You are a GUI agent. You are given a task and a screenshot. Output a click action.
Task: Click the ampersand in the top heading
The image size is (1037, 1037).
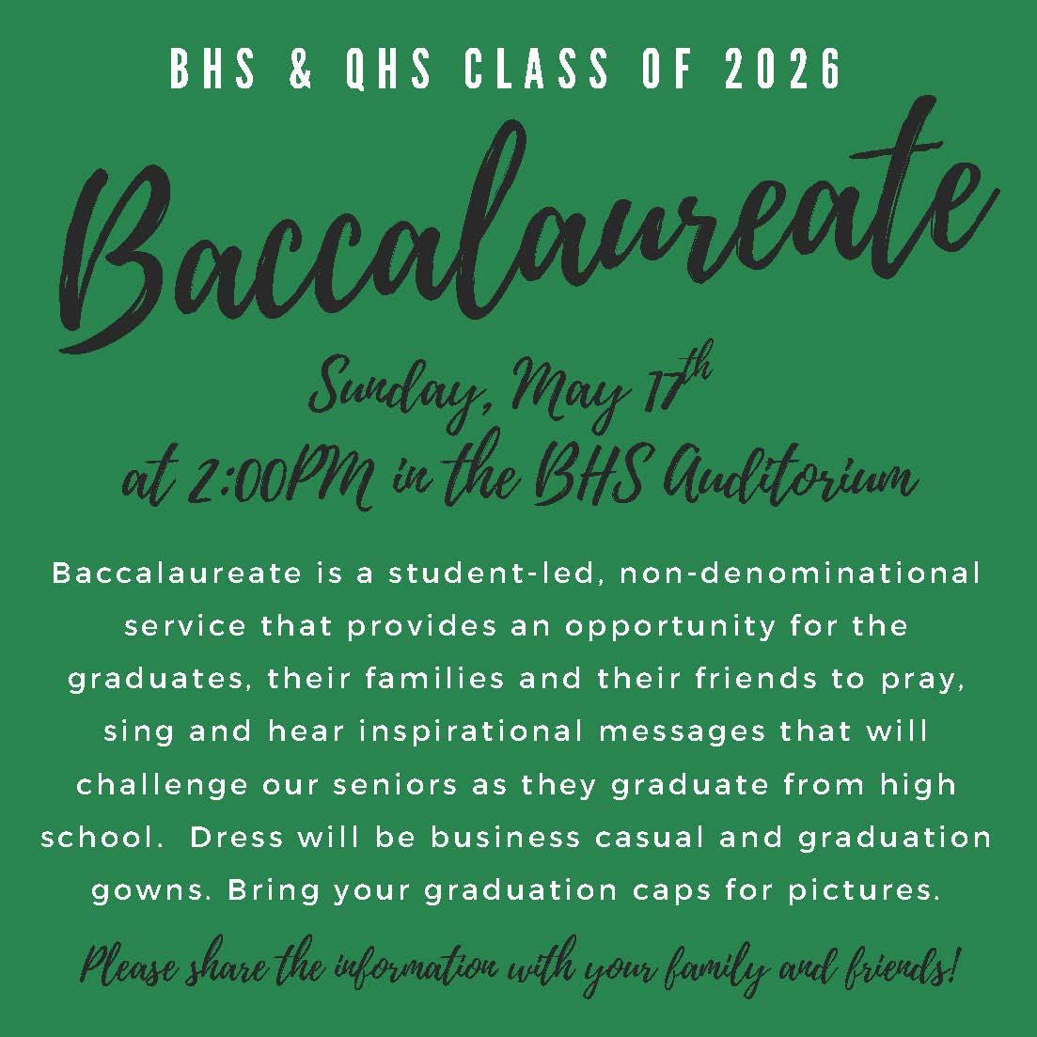pos(300,68)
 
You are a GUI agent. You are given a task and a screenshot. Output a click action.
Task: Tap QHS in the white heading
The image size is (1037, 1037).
pos(389,68)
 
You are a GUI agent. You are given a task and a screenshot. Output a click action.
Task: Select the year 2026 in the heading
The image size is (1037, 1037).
pos(782,68)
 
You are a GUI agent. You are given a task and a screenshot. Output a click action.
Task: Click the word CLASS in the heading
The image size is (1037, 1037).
pos(536,68)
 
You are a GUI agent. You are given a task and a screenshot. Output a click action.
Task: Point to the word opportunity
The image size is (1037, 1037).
pos(669,626)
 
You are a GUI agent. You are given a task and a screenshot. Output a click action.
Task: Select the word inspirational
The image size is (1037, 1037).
pos(471,732)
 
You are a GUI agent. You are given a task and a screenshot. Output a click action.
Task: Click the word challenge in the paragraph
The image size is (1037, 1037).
pos(162,785)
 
